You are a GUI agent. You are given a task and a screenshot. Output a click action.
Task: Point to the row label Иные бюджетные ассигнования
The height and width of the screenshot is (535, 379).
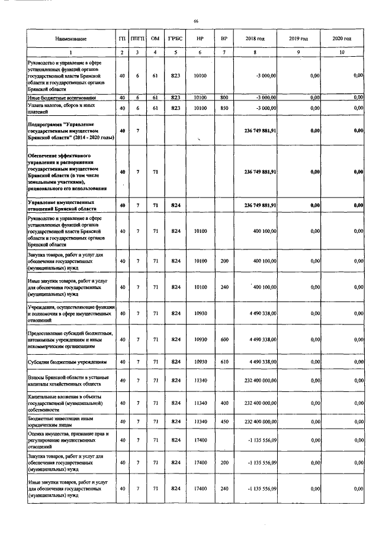(x=63, y=98)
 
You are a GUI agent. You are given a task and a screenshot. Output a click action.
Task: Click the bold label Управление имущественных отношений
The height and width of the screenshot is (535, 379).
(x=65, y=205)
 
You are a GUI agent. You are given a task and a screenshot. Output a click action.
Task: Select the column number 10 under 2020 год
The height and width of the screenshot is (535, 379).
(x=342, y=53)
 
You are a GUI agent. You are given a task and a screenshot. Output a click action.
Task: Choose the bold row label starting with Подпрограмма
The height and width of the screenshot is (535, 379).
(x=68, y=130)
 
